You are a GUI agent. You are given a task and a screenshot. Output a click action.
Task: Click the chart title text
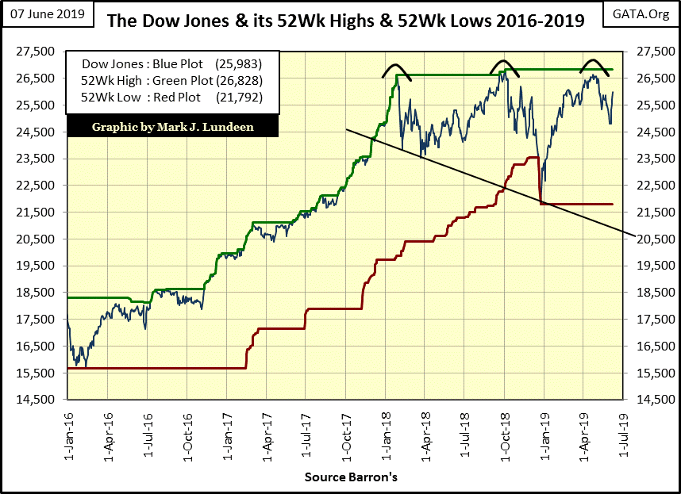345,20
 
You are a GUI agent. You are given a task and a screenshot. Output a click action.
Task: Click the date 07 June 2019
48,16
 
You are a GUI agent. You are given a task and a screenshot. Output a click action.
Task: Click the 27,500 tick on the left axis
35,52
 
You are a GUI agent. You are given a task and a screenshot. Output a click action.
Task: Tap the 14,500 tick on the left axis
35,400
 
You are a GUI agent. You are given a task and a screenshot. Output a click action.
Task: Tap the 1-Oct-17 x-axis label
347,428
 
